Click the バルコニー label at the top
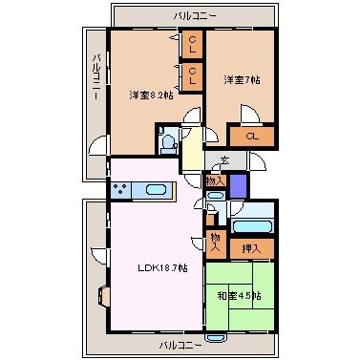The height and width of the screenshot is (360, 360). point(195,16)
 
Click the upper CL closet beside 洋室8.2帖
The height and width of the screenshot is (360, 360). point(192,43)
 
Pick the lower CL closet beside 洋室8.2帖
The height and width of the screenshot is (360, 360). point(192,74)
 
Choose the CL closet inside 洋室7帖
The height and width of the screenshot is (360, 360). point(253,138)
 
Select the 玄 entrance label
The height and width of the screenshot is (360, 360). point(224,159)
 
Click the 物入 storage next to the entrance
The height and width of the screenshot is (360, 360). point(215,179)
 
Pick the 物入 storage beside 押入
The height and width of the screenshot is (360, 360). point(217,241)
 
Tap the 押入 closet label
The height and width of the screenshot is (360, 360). point(252,248)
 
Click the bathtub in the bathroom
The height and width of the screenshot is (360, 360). point(254,227)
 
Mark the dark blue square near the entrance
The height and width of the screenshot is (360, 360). point(238,181)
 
